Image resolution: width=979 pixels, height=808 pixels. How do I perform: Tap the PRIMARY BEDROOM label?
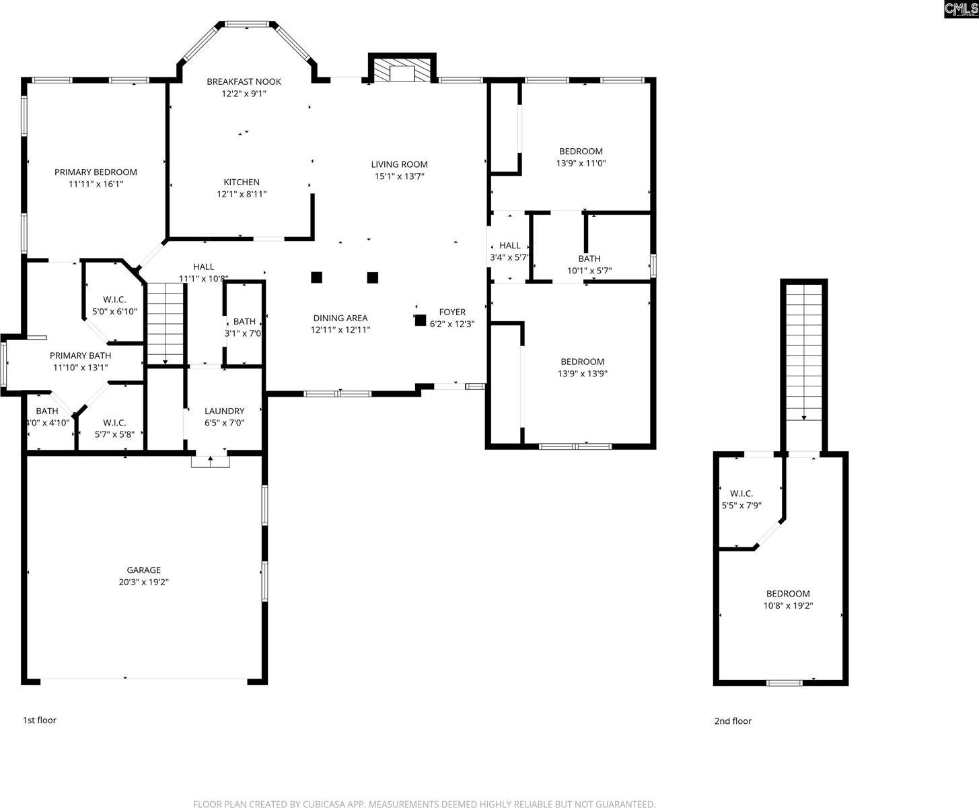click(x=96, y=172)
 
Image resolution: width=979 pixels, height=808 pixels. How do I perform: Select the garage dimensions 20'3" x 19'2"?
click(x=143, y=582)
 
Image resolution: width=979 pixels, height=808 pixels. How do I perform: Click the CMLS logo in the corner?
click(x=961, y=9)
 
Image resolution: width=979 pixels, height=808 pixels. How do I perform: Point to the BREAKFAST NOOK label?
click(x=244, y=81)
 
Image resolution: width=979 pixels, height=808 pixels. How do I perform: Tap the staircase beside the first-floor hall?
click(x=166, y=323)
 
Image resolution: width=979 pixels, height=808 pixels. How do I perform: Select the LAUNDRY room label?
click(x=224, y=411)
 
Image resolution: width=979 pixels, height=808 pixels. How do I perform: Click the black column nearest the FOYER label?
click(x=421, y=321)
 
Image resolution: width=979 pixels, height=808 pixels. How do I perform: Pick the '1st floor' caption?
click(x=40, y=720)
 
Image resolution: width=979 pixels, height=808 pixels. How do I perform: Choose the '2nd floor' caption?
click(x=733, y=721)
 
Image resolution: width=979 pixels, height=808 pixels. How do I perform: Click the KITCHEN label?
click(x=242, y=182)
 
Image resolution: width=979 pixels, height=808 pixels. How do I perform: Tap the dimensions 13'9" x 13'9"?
click(x=583, y=374)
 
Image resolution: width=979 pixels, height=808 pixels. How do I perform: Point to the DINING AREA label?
click(x=340, y=318)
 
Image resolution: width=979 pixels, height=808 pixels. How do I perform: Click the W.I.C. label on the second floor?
click(x=741, y=494)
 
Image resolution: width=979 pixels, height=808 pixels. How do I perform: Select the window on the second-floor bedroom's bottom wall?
click(x=785, y=683)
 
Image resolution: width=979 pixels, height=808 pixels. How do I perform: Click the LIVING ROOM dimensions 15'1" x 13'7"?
click(x=400, y=176)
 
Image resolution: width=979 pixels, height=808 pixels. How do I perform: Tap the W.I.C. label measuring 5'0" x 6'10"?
click(x=114, y=300)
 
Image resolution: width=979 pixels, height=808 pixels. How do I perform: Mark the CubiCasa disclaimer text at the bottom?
click(x=424, y=804)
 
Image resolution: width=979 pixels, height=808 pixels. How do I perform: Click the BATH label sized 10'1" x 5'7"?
click(x=589, y=259)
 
